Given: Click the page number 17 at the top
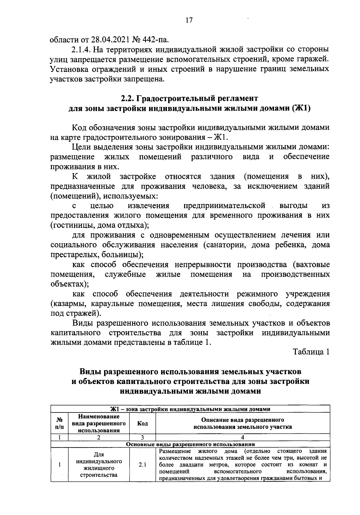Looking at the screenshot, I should coord(189,20).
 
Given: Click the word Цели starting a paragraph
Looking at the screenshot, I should coord(82,147).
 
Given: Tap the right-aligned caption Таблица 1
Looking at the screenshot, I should coord(311,352).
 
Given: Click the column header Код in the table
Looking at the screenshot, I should coord(142,423).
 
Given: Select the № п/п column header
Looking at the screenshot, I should coord(59,423).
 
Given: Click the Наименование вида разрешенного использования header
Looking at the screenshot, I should coord(99,423).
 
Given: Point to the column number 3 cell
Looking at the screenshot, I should coord(142,437).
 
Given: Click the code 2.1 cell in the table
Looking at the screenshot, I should coord(142,465).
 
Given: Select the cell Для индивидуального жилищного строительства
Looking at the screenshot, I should coord(99,465).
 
